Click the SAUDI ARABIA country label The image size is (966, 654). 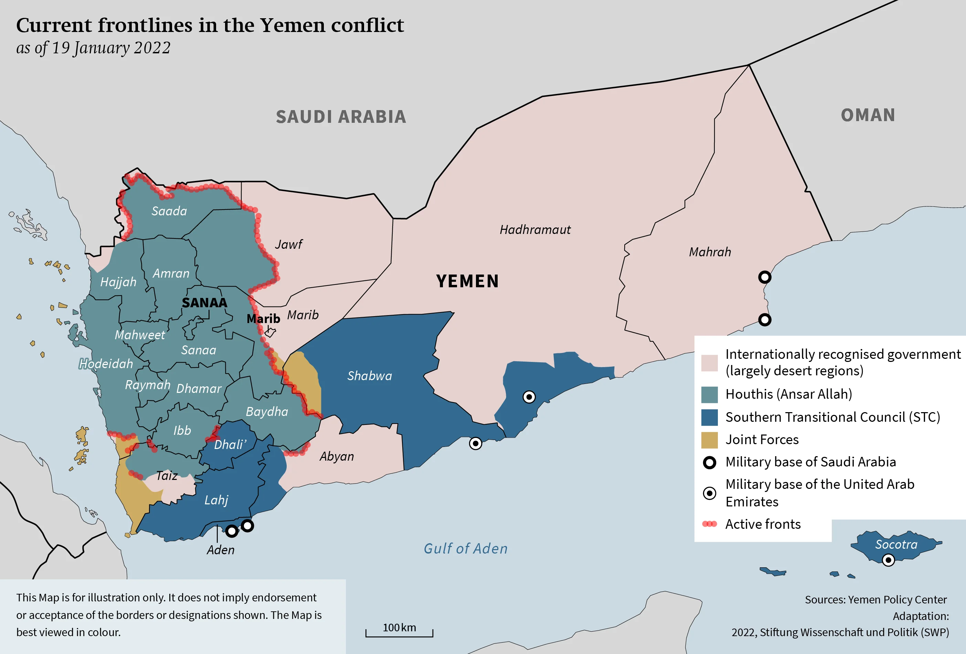[341, 117]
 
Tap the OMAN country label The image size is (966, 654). [868, 115]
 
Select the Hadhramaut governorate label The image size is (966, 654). [535, 230]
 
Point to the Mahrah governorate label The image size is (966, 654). [710, 252]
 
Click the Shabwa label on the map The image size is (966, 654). [370, 376]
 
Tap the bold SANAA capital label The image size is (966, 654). [204, 302]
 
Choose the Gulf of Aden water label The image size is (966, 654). [466, 548]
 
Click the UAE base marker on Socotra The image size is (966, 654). [888, 560]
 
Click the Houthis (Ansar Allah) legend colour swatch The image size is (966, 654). [709, 395]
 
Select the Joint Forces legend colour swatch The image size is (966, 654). [709, 440]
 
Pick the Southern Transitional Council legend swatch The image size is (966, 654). [709, 417]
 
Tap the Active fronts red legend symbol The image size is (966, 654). [709, 524]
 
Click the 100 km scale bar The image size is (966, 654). [399, 632]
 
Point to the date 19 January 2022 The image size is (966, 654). [111, 48]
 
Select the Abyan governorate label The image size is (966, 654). [337, 456]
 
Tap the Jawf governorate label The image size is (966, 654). [288, 244]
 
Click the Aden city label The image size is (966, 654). [221, 550]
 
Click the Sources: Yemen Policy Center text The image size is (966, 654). [875, 600]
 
